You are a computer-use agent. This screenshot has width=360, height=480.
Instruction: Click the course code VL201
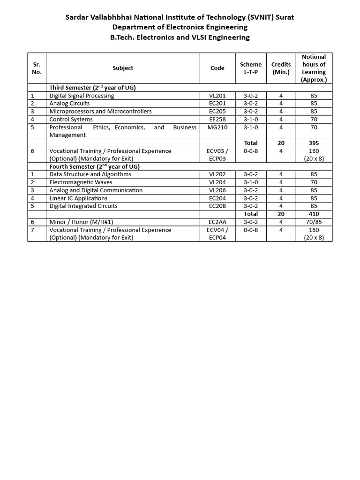point(217,96)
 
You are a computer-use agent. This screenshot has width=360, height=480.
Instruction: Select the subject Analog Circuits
point(69,104)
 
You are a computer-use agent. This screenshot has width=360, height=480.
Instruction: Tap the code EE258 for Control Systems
point(217,120)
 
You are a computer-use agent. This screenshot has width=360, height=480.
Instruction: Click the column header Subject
point(123,68)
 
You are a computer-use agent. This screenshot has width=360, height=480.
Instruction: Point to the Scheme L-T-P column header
point(251,68)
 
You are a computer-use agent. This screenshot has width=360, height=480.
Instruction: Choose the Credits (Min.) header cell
point(281,68)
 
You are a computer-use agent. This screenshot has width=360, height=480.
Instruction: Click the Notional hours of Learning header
point(314,68)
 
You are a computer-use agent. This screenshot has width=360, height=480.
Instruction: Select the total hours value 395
point(314,143)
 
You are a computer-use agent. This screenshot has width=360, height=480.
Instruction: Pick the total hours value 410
point(314,214)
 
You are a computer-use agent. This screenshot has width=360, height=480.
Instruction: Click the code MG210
point(217,127)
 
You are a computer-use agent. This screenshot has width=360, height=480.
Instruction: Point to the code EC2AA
point(217,222)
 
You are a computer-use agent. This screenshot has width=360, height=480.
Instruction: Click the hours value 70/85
point(314,222)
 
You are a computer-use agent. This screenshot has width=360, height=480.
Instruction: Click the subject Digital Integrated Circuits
point(83,206)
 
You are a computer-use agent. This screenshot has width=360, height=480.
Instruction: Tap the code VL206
point(217,190)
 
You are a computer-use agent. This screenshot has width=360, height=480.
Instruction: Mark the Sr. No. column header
point(37,68)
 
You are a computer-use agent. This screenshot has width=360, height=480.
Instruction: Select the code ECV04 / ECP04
point(217,233)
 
